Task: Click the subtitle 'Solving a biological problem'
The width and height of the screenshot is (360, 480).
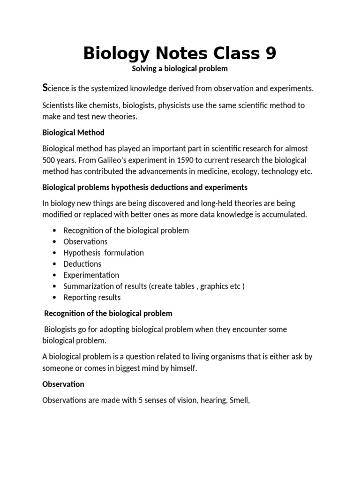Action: click(180, 69)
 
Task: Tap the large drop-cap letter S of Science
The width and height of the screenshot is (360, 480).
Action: click(45, 88)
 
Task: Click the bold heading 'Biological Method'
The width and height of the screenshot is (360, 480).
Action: click(73, 133)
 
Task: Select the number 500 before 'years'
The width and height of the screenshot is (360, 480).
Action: click(49, 160)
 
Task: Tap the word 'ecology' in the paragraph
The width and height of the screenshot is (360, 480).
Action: click(241, 172)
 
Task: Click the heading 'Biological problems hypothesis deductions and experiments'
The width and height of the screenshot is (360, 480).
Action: click(145, 187)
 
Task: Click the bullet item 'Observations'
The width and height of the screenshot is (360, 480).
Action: click(85, 242)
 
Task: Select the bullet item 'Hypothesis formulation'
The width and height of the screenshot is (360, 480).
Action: click(104, 253)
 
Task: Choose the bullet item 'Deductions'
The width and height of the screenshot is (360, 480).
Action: click(82, 264)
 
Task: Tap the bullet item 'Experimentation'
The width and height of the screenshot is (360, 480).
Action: click(91, 275)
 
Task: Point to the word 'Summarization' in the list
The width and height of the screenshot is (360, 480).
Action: click(88, 286)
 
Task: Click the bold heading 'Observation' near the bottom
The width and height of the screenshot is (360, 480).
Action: click(63, 384)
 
